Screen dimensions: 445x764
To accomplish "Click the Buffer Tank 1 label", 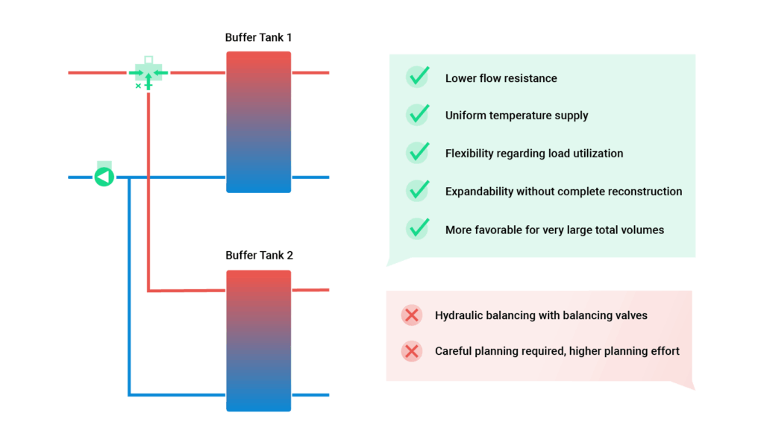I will (x=259, y=37).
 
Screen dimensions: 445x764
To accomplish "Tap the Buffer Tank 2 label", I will (x=259, y=256).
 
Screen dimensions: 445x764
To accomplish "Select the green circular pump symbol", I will (x=104, y=177).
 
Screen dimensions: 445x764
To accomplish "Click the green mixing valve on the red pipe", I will (x=148, y=73).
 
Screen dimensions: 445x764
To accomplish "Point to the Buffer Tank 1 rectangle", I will (x=259, y=122).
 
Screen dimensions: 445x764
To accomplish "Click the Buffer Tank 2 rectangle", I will (x=259, y=341).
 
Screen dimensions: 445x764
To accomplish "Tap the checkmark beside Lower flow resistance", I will (x=418, y=77).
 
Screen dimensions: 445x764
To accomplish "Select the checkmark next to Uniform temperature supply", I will (x=418, y=115).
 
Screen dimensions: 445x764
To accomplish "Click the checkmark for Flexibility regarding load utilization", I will (x=418, y=153).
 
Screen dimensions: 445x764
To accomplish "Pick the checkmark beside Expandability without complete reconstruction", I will (x=418, y=191).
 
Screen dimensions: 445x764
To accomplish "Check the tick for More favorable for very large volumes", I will (x=418, y=229).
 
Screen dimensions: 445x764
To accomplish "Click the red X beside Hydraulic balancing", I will (x=411, y=315).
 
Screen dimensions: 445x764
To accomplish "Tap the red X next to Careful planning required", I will (x=411, y=351).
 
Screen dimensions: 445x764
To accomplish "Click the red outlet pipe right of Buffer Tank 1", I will (x=310, y=73).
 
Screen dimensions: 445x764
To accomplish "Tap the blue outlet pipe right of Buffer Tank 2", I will (x=310, y=394).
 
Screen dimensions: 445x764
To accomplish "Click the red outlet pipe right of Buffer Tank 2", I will (x=310, y=289).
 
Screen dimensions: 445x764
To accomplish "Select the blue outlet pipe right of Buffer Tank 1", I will (x=310, y=177).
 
